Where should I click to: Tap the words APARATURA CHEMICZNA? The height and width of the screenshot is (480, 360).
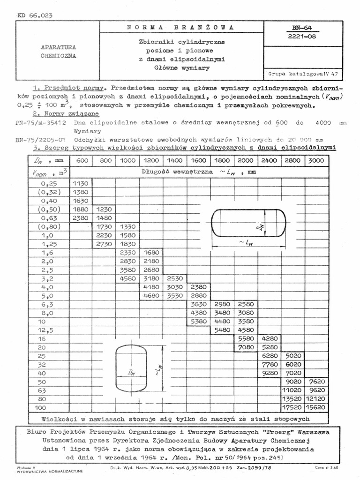(x=59, y=52)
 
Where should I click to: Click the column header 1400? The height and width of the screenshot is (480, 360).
(x=175, y=160)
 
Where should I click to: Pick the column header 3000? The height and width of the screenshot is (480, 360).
(x=316, y=160)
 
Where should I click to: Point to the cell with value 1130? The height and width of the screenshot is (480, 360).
(x=82, y=183)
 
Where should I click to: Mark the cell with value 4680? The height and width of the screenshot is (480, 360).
(x=151, y=296)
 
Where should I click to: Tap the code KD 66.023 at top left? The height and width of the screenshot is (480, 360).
(x=35, y=15)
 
